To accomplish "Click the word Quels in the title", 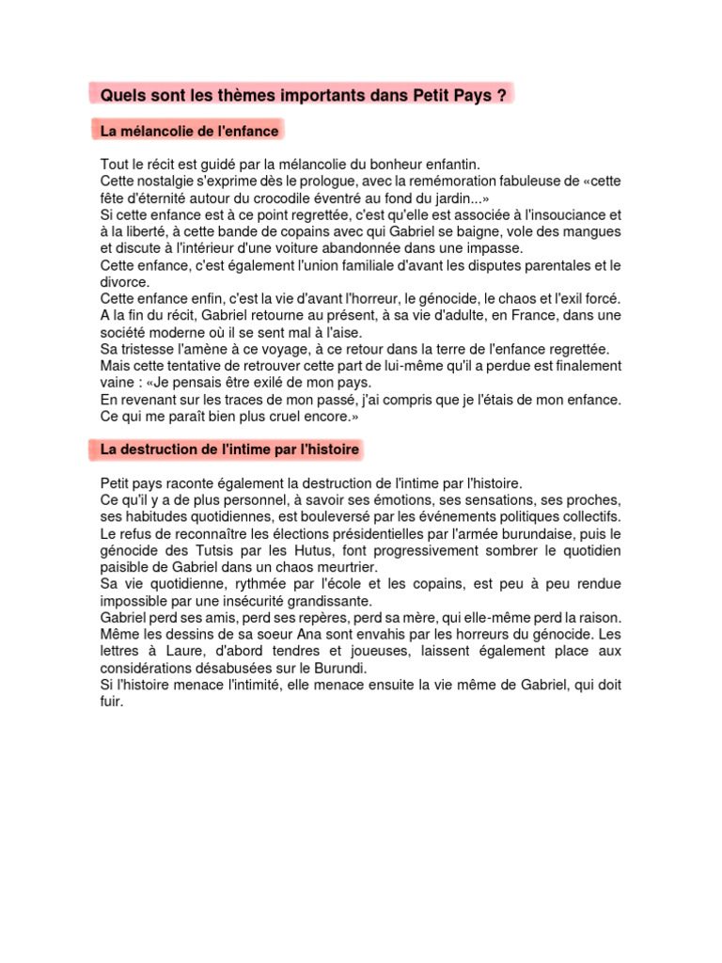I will (120, 96).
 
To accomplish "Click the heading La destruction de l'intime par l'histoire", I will (230, 450).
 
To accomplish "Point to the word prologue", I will (330, 181).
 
